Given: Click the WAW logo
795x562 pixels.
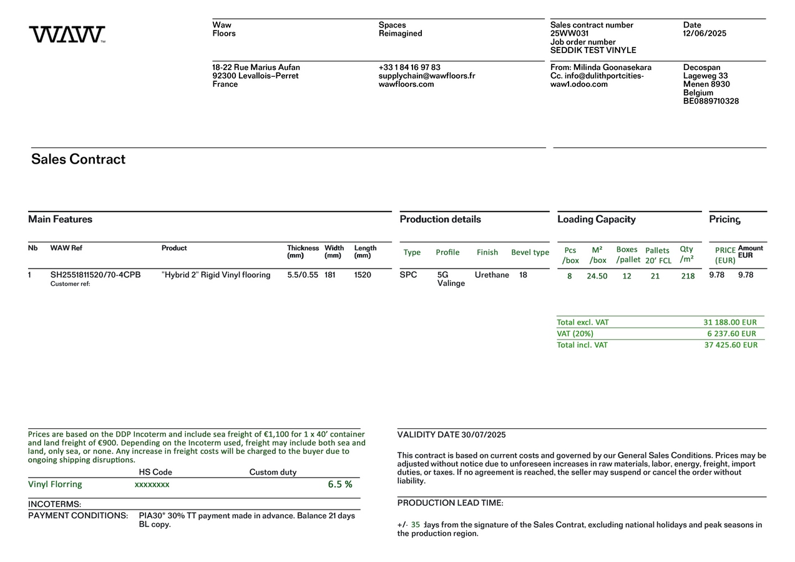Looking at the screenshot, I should point(67,34).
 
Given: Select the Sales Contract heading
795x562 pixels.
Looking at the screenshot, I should point(78,159).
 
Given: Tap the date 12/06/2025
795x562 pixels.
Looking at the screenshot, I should point(705,34).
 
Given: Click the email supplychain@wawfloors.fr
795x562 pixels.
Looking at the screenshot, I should point(426,76).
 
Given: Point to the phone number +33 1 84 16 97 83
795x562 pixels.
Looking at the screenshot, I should point(409,67).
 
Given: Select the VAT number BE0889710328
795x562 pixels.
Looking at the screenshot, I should point(711,101).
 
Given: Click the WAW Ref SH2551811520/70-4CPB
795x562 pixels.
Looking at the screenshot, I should point(95,275).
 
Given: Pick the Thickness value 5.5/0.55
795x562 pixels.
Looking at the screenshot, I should point(303,275).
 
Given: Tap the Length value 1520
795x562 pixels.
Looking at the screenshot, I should point(363,275).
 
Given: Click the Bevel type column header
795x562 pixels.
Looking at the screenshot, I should point(530,252).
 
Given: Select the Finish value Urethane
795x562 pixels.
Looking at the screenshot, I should point(492,275).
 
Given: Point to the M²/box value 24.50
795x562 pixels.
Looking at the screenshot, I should point(597,276).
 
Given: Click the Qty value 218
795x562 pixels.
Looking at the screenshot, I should point(688,276).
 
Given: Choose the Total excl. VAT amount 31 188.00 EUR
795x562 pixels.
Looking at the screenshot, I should point(729,322).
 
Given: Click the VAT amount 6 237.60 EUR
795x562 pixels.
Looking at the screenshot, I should point(731,333).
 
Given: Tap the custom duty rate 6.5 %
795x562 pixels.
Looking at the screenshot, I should point(340,485).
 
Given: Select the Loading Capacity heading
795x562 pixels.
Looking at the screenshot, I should point(596,219).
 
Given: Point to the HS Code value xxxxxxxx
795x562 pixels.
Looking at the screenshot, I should point(152,485).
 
